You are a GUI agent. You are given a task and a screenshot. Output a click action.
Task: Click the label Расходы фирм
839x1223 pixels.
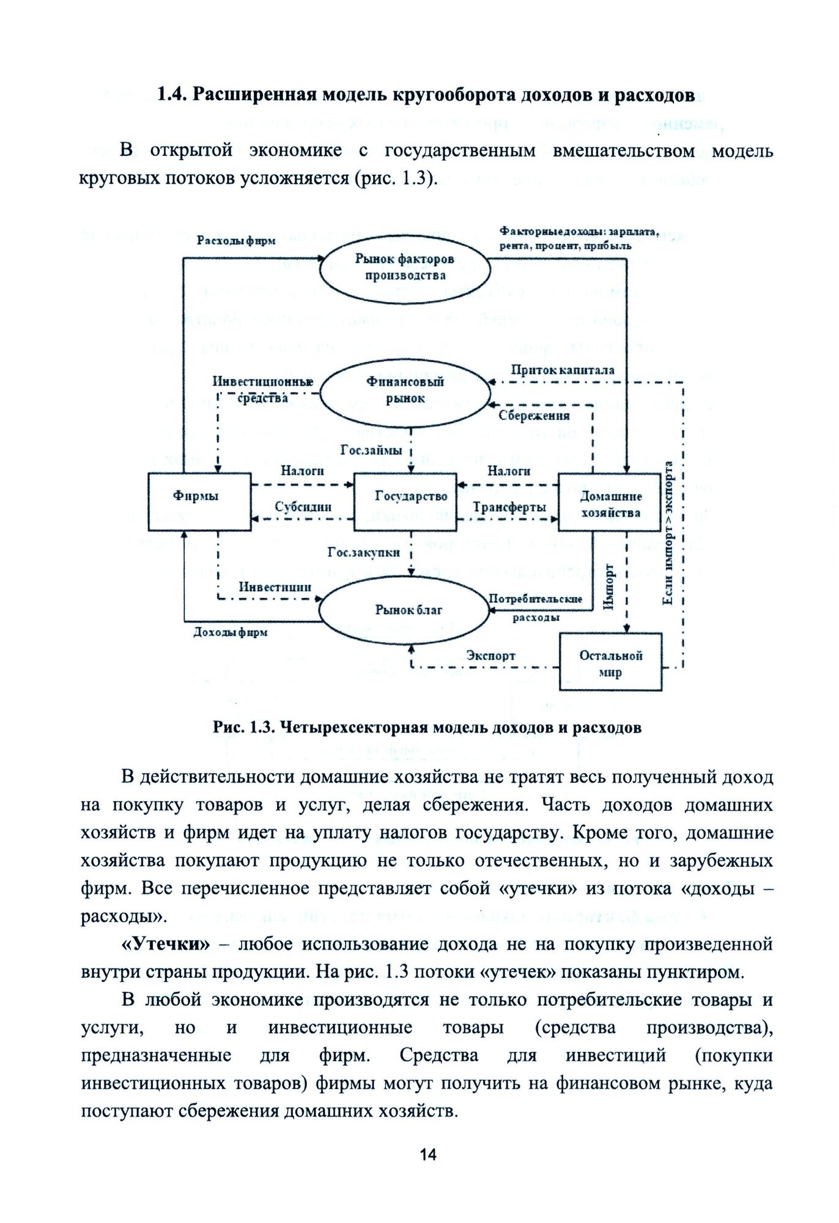[x=235, y=241]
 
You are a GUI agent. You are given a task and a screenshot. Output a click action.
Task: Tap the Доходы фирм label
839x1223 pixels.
[x=230, y=632]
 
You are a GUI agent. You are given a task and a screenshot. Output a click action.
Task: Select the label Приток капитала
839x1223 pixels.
[x=562, y=370]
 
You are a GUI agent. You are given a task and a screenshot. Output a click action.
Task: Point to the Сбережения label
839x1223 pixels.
[x=534, y=416]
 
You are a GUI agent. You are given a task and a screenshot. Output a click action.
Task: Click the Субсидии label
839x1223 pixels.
[x=303, y=507]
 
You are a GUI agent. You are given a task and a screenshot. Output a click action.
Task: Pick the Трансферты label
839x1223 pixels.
[x=509, y=507]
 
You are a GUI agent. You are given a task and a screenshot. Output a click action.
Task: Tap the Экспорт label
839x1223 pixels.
[x=490, y=656]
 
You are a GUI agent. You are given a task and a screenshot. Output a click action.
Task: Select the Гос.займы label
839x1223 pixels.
[x=371, y=451]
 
